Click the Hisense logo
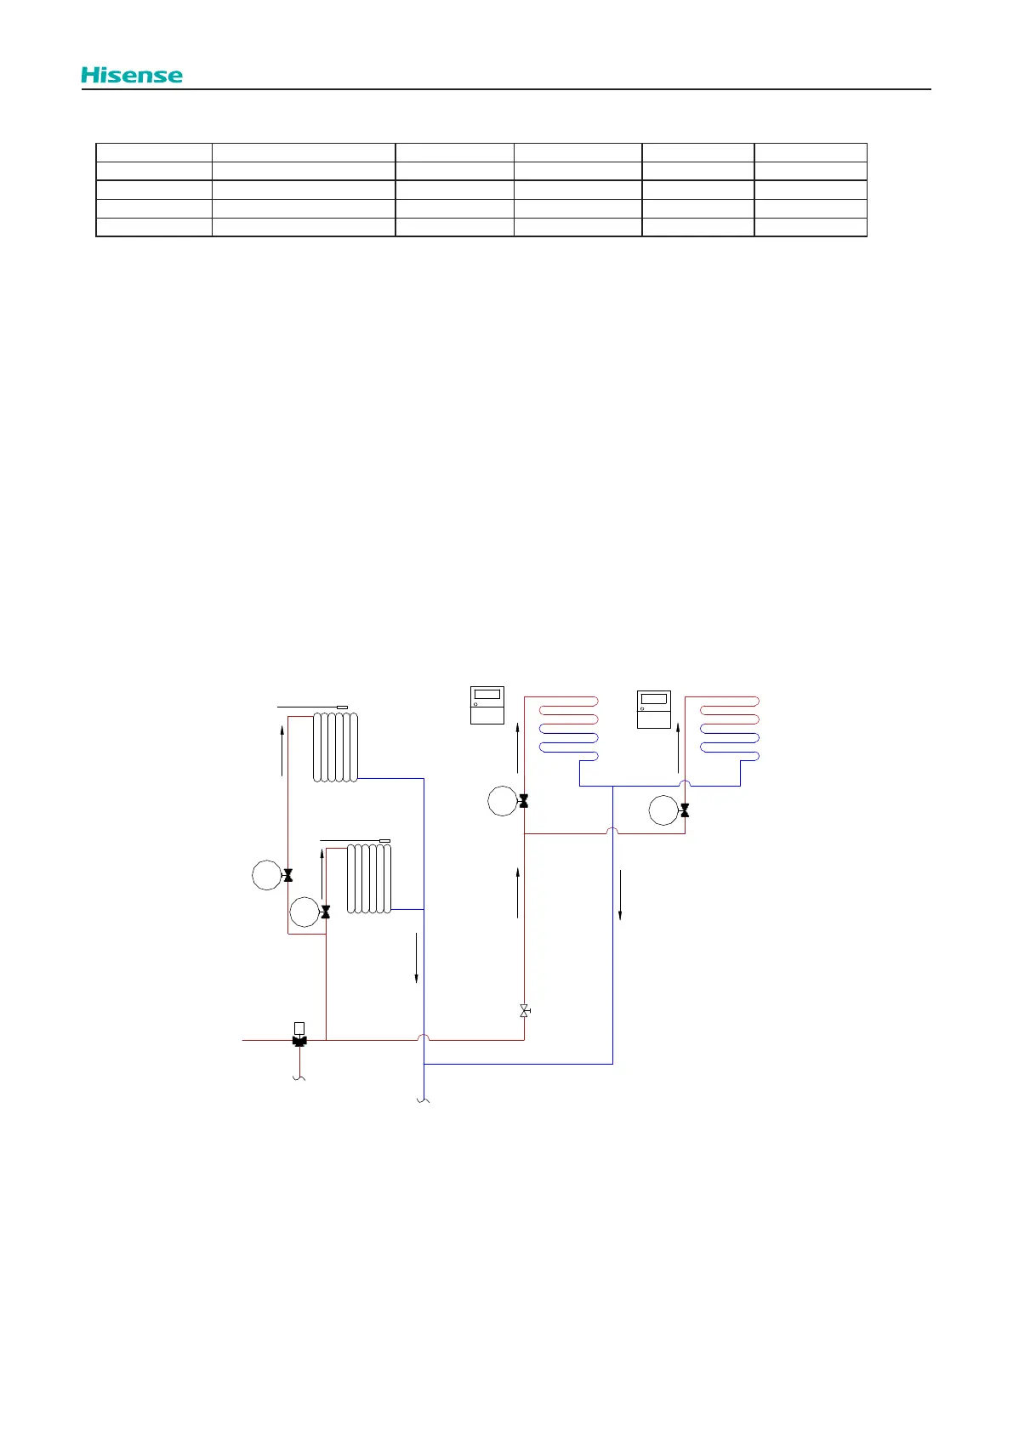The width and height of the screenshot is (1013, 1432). (132, 75)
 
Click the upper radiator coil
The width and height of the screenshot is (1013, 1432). (335, 747)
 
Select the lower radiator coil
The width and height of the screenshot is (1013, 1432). (368, 878)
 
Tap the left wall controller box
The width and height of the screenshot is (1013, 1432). (487, 705)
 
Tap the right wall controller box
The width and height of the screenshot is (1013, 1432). (654, 709)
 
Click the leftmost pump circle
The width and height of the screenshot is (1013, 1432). (267, 875)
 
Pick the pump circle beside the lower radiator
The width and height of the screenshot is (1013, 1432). (304, 912)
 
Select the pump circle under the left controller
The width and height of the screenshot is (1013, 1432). (503, 801)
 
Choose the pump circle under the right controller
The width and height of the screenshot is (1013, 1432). (663, 810)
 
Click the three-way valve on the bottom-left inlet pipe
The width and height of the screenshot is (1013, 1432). (299, 1040)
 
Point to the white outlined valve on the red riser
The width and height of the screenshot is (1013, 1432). (524, 1010)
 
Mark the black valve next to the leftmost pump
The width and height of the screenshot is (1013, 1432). (287, 875)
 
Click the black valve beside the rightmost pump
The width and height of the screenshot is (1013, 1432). (685, 810)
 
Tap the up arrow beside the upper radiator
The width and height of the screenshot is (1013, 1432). (282, 749)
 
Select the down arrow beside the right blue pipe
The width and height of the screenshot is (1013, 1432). (620, 895)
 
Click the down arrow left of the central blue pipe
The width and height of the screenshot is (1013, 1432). (416, 958)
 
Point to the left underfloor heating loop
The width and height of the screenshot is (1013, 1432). (568, 729)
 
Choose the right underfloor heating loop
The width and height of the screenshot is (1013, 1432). (729, 729)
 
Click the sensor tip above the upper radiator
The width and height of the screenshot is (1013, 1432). (343, 707)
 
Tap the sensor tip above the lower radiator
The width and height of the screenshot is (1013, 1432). (384, 840)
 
